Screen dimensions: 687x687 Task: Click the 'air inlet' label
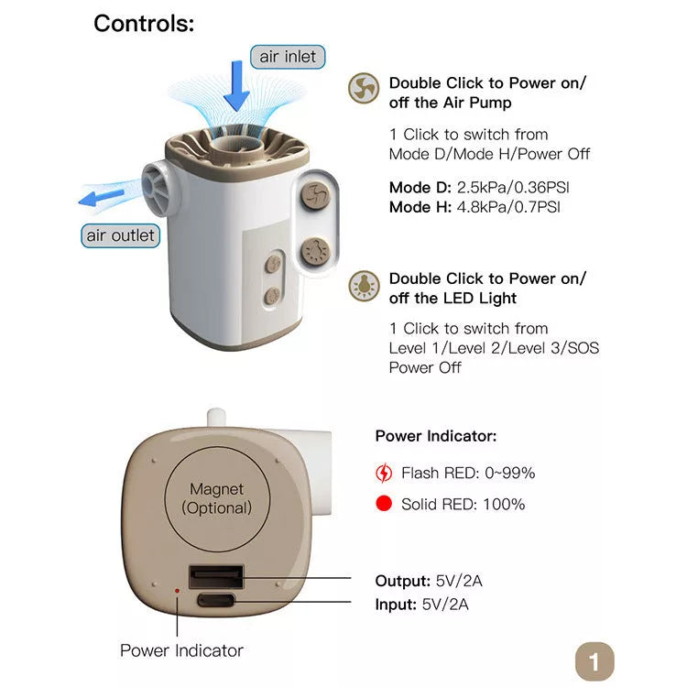tap(287, 57)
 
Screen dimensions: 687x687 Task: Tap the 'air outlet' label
tap(121, 235)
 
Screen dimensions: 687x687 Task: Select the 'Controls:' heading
tap(144, 24)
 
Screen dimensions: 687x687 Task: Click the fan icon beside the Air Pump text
tap(364, 89)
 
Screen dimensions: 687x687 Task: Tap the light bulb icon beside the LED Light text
tap(364, 286)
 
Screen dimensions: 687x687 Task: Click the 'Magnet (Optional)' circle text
tap(216, 498)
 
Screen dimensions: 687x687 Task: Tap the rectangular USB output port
tap(216, 577)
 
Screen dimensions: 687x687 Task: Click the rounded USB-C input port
tap(216, 603)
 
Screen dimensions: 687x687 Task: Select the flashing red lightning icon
tap(384, 474)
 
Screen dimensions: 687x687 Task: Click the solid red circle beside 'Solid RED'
tap(384, 504)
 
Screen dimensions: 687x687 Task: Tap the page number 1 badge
tap(594, 660)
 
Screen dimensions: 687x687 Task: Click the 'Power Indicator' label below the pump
tap(181, 650)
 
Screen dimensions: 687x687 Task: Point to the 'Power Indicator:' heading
tap(436, 436)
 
